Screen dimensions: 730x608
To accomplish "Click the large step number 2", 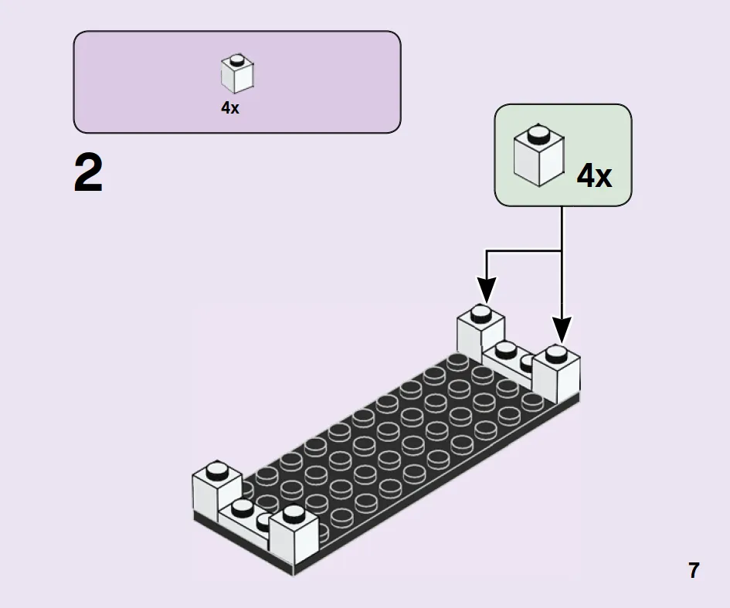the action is coord(89,173).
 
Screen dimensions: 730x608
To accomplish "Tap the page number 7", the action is coord(694,570).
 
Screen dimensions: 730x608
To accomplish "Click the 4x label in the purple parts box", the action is coord(230,108).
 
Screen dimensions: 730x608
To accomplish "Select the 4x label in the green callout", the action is coord(595,176).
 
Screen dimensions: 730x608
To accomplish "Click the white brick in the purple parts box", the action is coord(237,74).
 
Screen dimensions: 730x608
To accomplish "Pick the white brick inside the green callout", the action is coord(539,155).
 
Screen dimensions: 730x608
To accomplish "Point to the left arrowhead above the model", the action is coord(487,289).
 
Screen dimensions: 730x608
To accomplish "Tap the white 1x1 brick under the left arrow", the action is coord(480,333).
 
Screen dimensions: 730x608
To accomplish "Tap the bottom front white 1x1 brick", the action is coord(294,534).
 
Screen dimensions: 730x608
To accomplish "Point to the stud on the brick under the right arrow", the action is coord(556,354).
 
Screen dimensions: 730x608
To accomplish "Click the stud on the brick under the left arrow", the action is coord(481,314).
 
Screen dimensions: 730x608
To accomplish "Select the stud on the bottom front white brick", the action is coord(294,514).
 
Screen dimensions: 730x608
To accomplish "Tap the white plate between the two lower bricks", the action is coord(244,520).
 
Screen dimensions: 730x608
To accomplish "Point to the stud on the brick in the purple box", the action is coord(237,59).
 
